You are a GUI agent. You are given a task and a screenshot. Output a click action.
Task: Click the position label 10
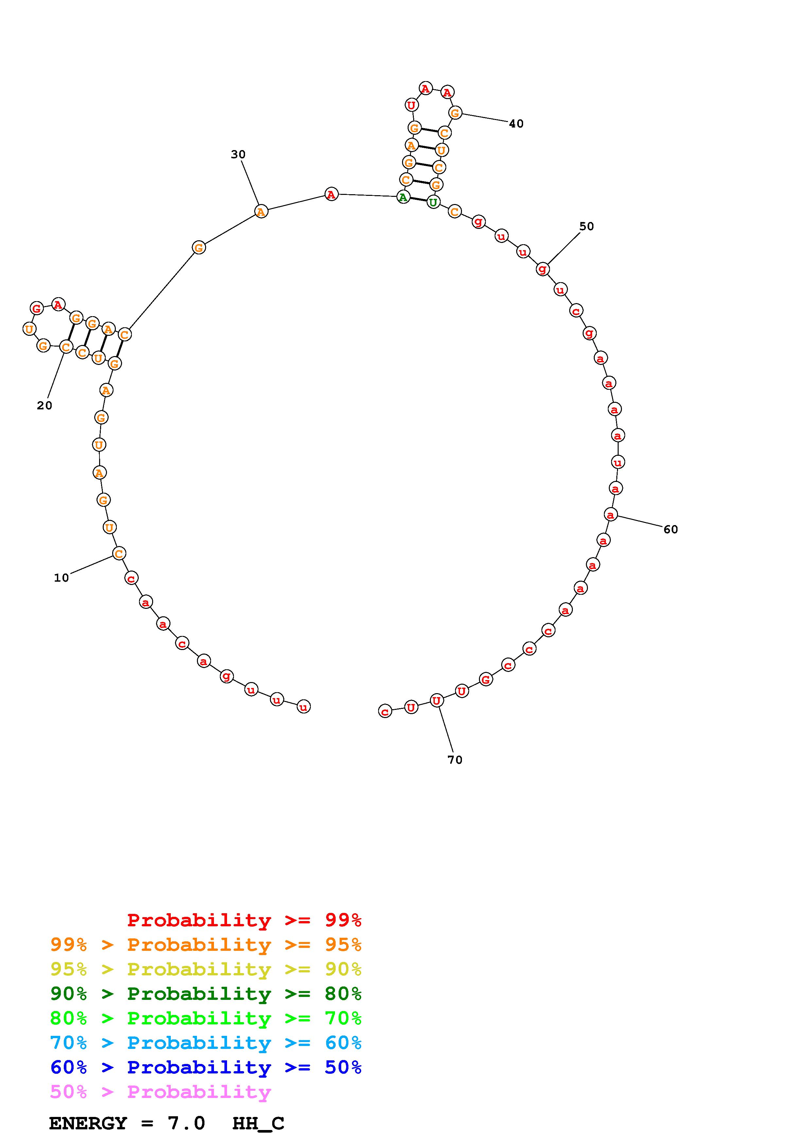(x=62, y=578)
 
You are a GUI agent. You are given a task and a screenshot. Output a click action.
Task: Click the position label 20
(x=44, y=406)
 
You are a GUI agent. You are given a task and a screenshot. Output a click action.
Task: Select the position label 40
(x=516, y=124)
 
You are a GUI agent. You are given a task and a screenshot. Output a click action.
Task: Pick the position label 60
(x=671, y=530)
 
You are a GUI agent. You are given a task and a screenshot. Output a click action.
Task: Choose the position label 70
(x=455, y=760)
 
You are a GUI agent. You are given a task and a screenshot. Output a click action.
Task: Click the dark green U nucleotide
(x=433, y=202)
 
